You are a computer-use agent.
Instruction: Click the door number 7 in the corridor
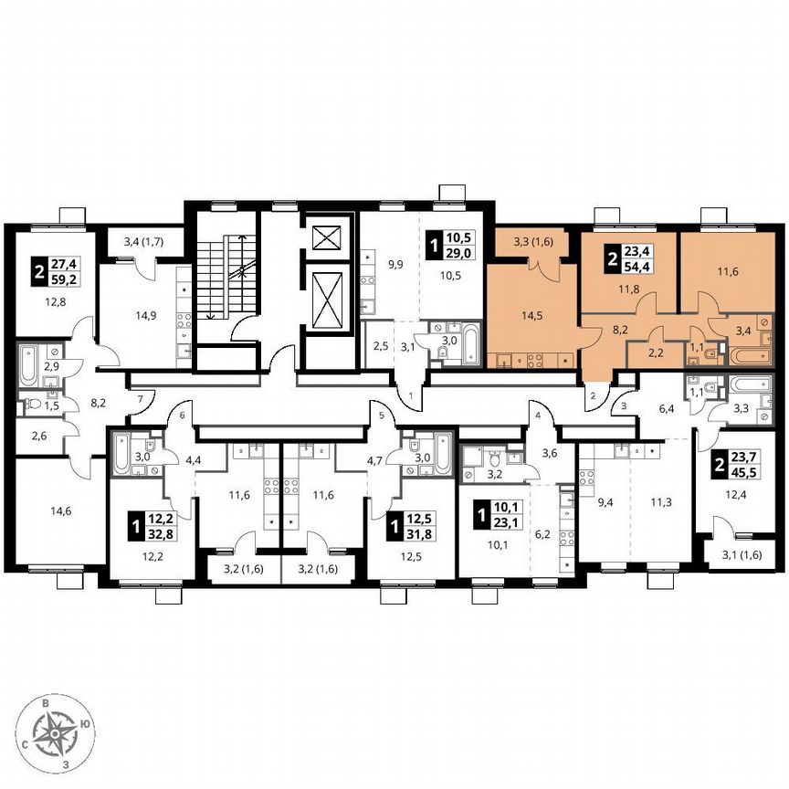141,399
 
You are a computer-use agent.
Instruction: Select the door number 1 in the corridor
411,396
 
